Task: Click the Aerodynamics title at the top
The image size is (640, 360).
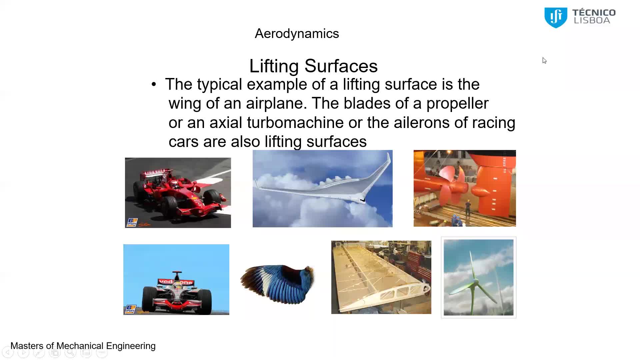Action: pyautogui.click(x=297, y=34)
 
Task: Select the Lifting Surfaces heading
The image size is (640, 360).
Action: pyautogui.click(x=313, y=66)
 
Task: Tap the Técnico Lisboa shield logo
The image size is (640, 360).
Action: pyautogui.click(x=556, y=18)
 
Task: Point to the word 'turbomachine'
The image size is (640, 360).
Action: pyautogui.click(x=295, y=122)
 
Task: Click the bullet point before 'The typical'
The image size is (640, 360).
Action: pyautogui.click(x=154, y=84)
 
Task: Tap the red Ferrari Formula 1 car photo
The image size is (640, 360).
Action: pyautogui.click(x=178, y=193)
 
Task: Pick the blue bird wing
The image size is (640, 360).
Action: pyautogui.click(x=278, y=284)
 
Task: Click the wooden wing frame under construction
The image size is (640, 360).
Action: pyautogui.click(x=381, y=277)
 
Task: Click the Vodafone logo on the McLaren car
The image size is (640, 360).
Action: pyautogui.click(x=176, y=282)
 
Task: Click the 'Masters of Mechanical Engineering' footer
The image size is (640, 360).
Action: pyautogui.click(x=83, y=346)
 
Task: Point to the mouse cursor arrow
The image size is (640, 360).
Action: pyautogui.click(x=544, y=61)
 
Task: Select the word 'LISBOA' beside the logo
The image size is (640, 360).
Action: pyautogui.click(x=592, y=20)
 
